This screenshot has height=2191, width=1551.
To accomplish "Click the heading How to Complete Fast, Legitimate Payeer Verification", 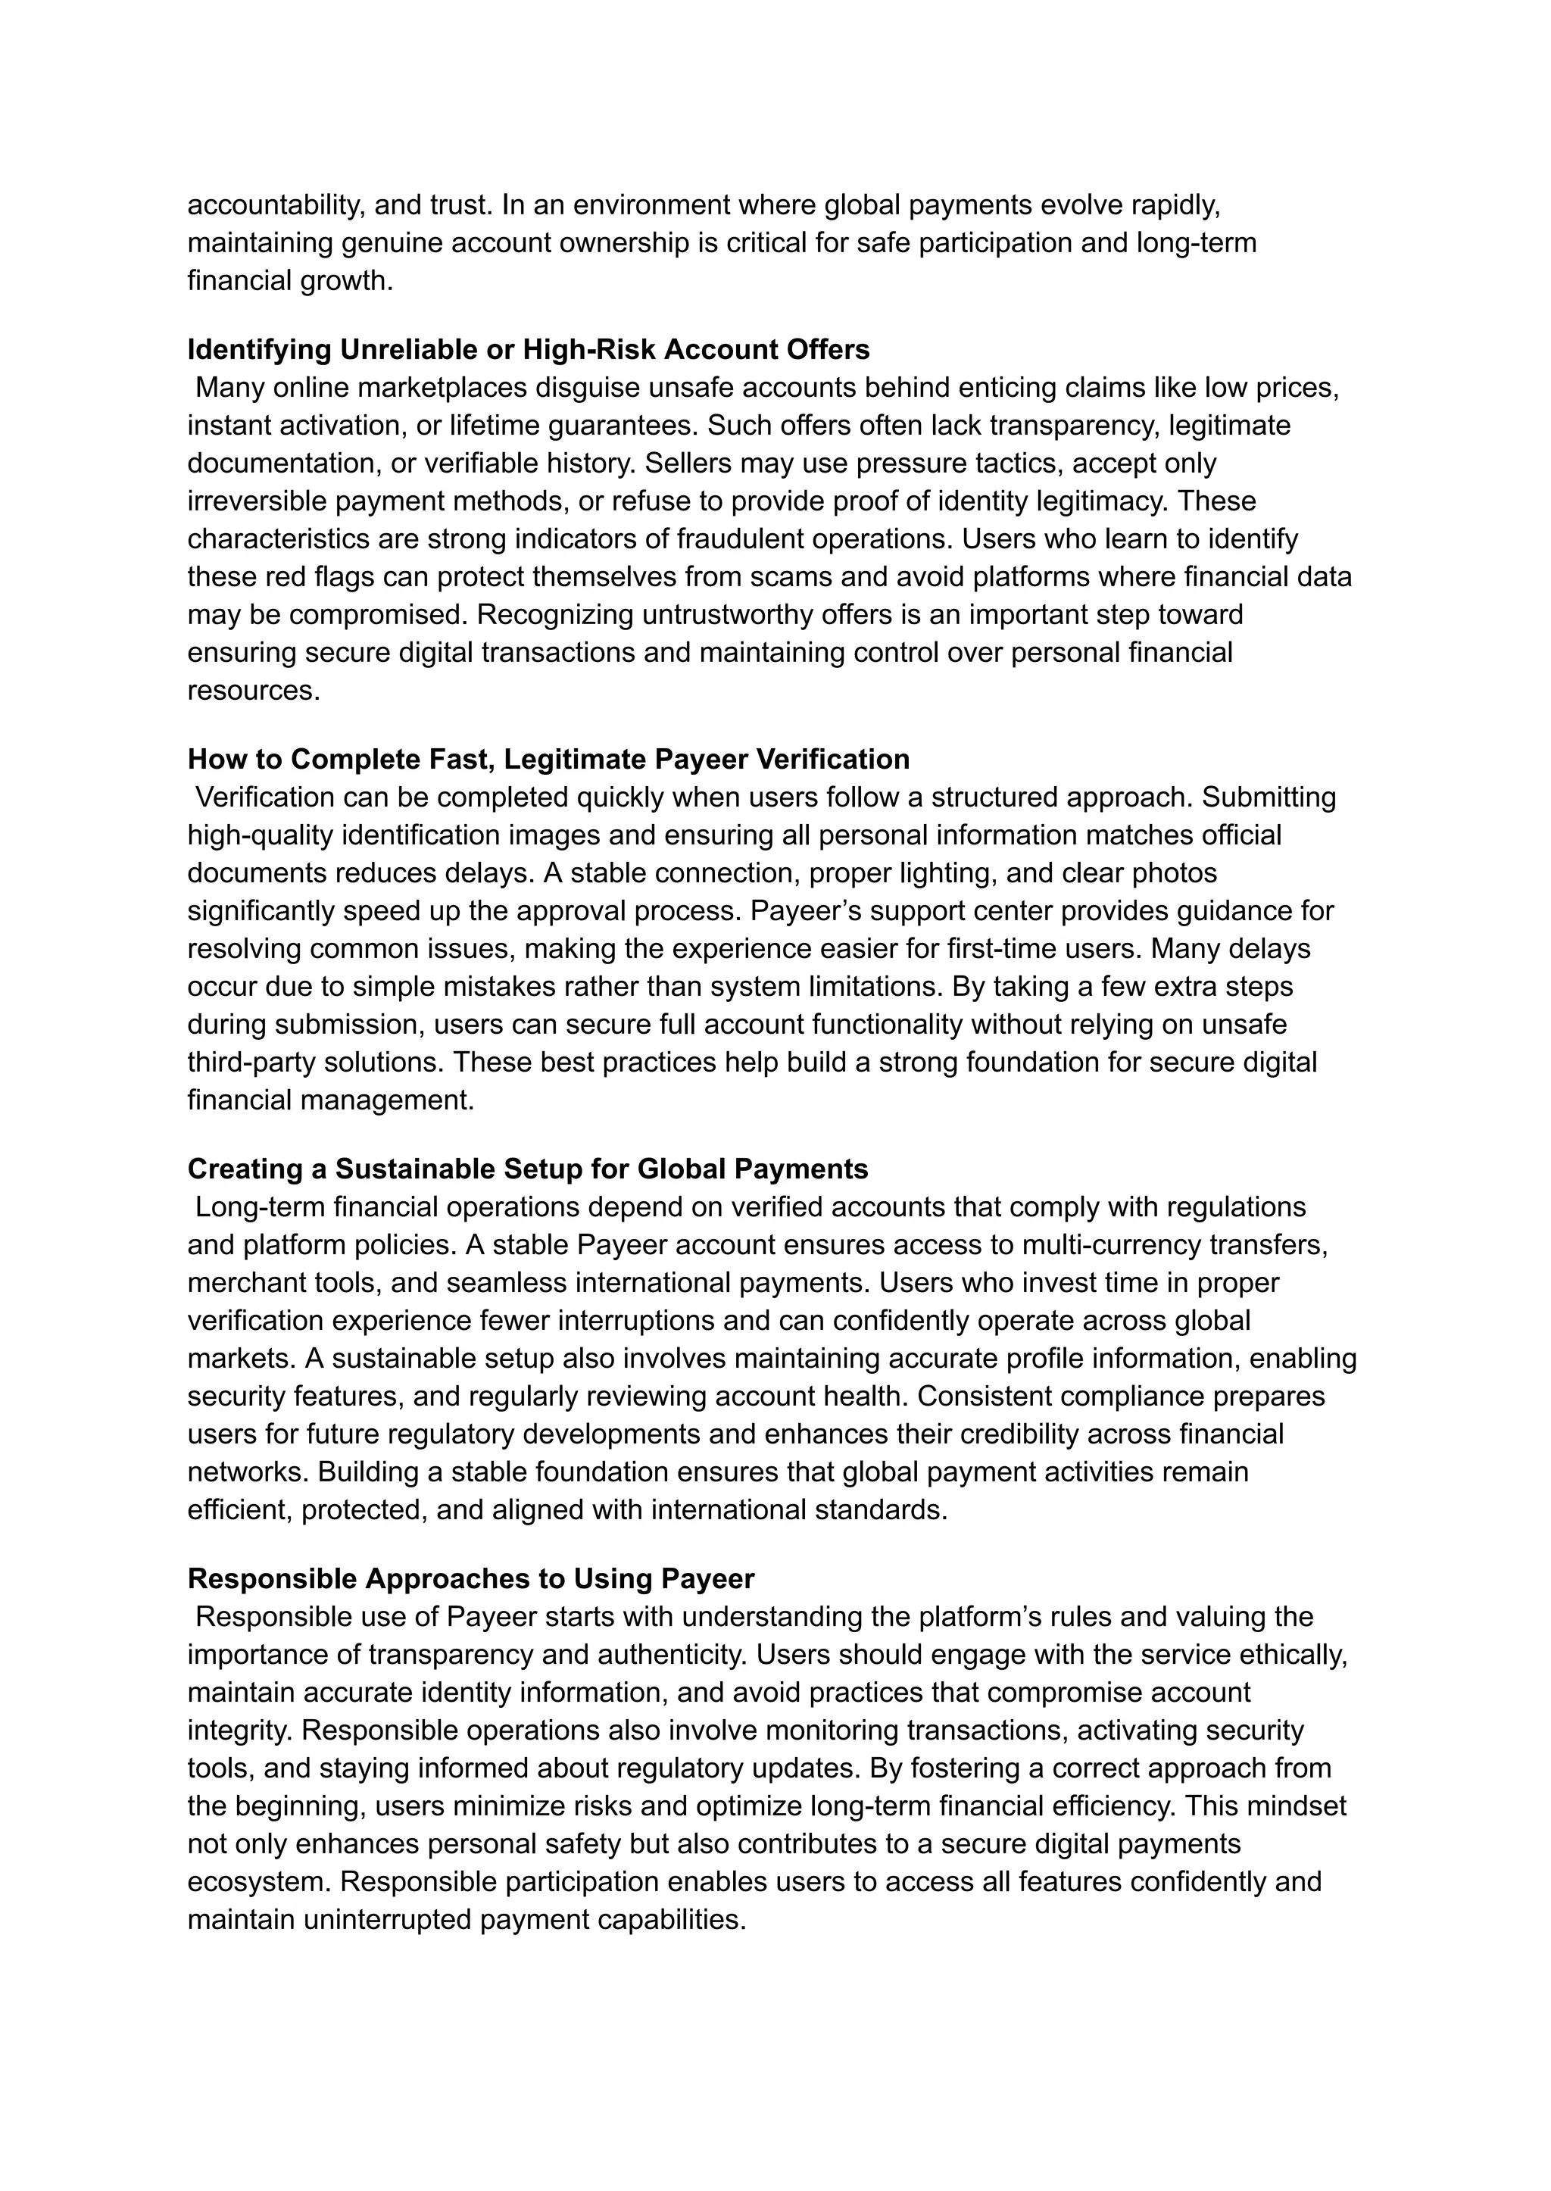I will pyautogui.click(x=548, y=760).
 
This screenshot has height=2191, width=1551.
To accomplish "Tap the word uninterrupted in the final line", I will pyautogui.click(x=387, y=1919).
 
